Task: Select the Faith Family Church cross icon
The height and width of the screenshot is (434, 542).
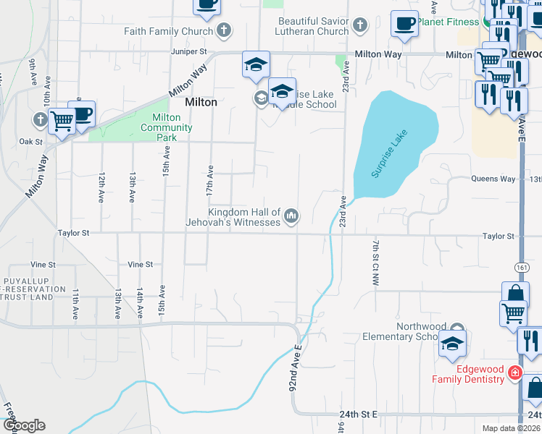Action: [225, 31]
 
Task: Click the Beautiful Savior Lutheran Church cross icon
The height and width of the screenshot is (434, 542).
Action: [360, 27]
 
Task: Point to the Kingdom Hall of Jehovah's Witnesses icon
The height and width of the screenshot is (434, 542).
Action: [291, 216]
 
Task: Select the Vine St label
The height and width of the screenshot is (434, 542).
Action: [140, 265]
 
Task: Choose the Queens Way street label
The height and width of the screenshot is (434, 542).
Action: [493, 179]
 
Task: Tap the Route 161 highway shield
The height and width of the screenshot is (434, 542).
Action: [522, 268]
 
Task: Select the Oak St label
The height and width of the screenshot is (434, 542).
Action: [30, 142]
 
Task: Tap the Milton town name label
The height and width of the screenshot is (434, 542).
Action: [201, 102]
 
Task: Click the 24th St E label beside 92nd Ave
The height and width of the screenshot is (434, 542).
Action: [359, 414]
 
